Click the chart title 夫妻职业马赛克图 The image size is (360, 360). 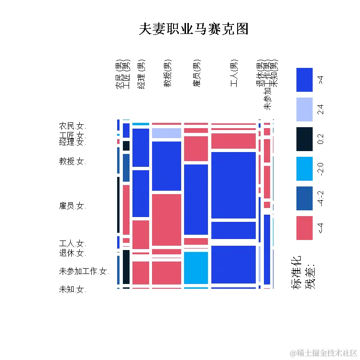click(194, 29)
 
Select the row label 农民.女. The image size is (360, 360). click(72, 126)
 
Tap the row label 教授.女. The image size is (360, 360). click(72, 162)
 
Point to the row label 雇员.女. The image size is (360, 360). click(72, 206)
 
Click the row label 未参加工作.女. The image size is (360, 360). click(84, 272)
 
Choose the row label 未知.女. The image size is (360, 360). click(72, 289)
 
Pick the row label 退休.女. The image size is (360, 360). click(72, 253)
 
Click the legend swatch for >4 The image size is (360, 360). click(304, 80)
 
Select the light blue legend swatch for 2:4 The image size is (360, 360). click(304, 109)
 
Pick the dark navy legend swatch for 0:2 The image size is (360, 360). click(304, 139)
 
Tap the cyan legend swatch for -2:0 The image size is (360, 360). click(304, 169)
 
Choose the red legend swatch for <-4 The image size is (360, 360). click(304, 228)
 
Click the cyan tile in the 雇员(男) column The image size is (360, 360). click(196, 268)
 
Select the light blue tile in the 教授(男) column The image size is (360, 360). click(166, 133)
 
